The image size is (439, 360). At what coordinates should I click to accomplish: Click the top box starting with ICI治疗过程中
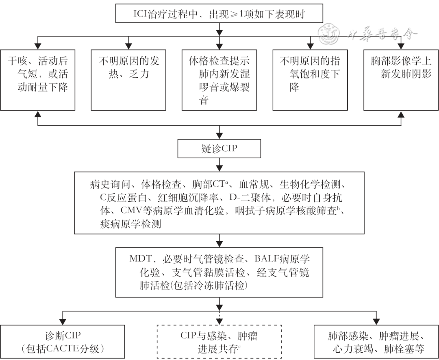point(219,14)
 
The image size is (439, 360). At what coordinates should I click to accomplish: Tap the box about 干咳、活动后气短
point(37,79)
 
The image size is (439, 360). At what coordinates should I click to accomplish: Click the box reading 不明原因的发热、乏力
point(128,79)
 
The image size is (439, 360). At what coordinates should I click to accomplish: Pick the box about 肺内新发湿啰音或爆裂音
point(219,79)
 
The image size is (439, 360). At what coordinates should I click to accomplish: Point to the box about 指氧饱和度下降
point(310,79)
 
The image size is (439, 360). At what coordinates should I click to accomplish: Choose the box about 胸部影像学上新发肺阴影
point(401,79)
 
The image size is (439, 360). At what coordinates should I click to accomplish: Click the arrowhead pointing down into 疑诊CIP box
point(219,137)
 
